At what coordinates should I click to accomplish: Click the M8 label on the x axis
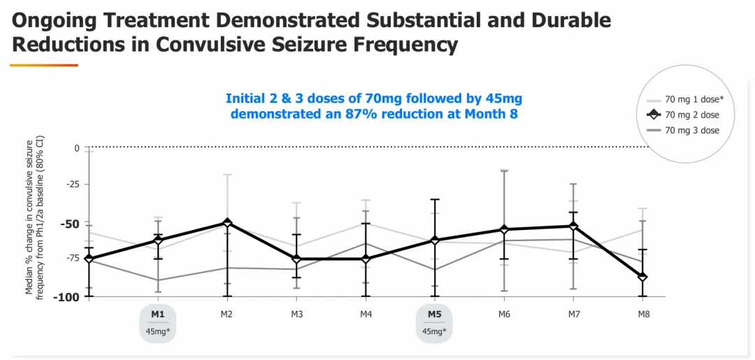(x=644, y=315)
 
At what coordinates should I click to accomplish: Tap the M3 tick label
(x=296, y=315)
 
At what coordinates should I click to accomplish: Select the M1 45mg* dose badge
(x=158, y=323)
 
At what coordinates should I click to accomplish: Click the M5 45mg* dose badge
(x=435, y=323)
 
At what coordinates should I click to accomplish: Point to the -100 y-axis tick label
(x=67, y=297)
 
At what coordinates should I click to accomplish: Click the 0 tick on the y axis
(x=77, y=148)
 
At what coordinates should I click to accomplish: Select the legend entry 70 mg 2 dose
(x=692, y=115)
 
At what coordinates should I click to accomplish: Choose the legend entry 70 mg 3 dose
(x=692, y=130)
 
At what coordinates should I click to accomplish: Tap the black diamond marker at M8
(x=643, y=277)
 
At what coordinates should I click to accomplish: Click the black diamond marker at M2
(x=227, y=223)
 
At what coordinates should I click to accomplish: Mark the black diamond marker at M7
(x=574, y=226)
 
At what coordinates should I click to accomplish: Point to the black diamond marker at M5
(x=435, y=240)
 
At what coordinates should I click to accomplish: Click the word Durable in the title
(x=566, y=20)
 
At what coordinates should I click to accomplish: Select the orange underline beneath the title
(x=44, y=65)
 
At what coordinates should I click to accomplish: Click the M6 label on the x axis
(x=504, y=315)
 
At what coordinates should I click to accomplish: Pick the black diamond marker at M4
(x=366, y=259)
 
